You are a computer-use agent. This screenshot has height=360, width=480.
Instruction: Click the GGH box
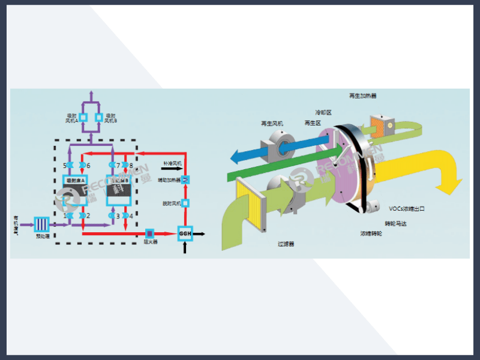(x=185, y=233)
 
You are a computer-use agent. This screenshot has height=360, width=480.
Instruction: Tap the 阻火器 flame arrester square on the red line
(x=150, y=232)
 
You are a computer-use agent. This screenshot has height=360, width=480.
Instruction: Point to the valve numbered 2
(x=81, y=215)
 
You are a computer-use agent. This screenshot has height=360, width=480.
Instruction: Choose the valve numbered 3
(x=112, y=215)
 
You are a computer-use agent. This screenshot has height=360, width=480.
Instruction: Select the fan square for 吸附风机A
(x=83, y=117)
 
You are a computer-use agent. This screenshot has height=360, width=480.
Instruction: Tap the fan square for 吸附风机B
(x=100, y=117)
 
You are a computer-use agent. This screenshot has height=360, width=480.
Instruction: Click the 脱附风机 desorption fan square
(x=185, y=203)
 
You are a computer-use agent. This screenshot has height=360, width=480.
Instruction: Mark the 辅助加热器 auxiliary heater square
(x=186, y=179)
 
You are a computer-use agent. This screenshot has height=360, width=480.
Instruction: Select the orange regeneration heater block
(x=380, y=125)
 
